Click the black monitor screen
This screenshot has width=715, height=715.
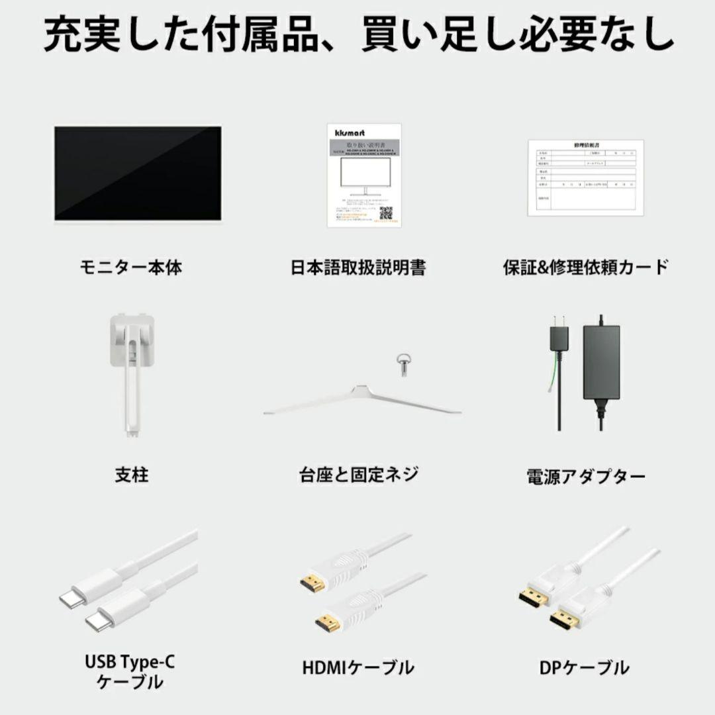point(138,172)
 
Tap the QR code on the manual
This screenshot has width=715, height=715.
point(385,213)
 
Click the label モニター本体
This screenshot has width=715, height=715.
point(131,267)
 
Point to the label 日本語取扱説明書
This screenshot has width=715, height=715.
point(358,267)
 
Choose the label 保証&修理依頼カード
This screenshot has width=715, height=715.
point(585,267)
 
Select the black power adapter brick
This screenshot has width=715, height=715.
point(601,361)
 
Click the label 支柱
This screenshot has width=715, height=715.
point(131,475)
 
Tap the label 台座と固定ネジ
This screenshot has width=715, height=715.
point(358,475)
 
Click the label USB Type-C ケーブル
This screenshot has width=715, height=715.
point(131,671)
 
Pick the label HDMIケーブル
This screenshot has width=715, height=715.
point(358,667)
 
